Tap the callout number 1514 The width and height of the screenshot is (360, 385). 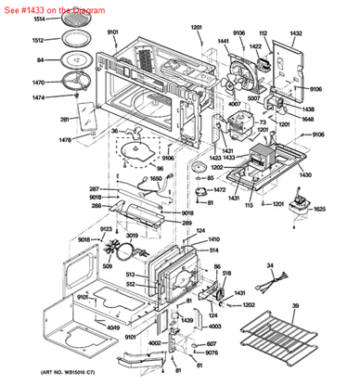(39, 19)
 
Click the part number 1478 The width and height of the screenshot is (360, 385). (39, 140)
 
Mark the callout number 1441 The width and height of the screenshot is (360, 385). (224, 42)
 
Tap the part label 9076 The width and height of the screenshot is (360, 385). (212, 353)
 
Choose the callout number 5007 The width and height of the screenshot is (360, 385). (251, 96)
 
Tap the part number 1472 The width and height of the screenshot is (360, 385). (220, 190)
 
